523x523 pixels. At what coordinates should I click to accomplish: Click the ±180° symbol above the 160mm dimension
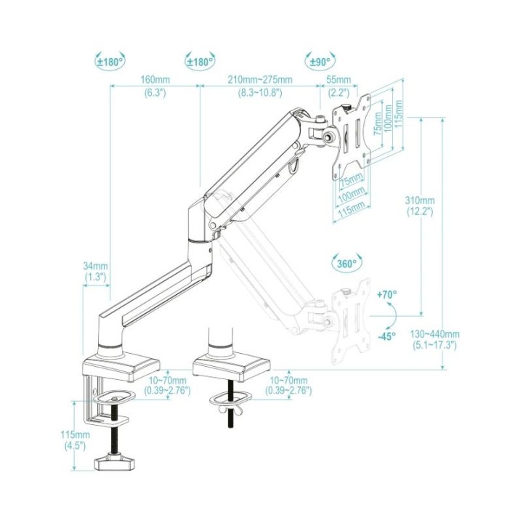(x=110, y=61)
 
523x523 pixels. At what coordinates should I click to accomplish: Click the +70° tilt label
(x=387, y=294)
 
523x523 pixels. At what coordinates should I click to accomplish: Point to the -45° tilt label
(x=387, y=336)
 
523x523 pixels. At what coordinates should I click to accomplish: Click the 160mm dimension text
(x=155, y=80)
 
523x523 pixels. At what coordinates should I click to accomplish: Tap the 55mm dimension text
(x=338, y=80)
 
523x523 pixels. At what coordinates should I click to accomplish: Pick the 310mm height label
(x=420, y=200)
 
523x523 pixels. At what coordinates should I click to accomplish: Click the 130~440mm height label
(x=434, y=334)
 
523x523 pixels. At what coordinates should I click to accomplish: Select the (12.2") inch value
(x=420, y=211)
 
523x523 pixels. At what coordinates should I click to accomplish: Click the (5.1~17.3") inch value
(x=434, y=345)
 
